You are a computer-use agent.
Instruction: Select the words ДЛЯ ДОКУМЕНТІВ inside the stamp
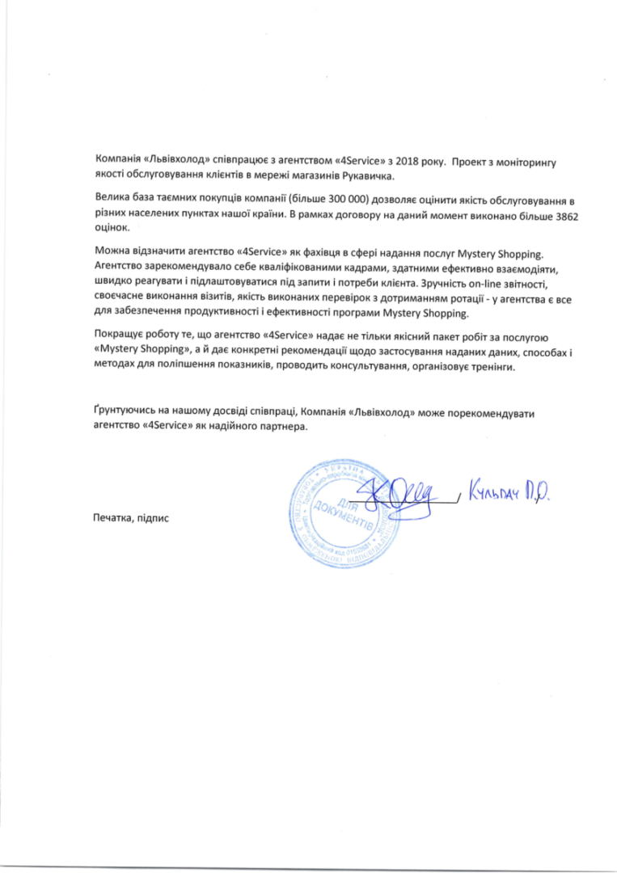344,511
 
